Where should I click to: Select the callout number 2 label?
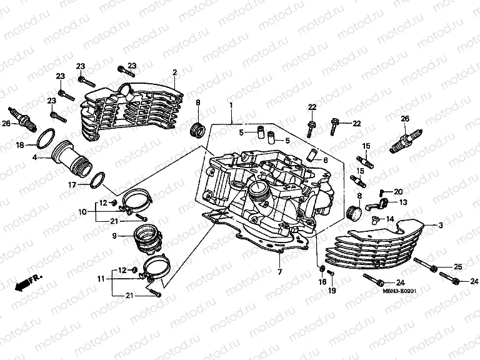click(175, 72)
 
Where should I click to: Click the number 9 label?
click(114, 236)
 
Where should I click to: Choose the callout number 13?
click(403, 202)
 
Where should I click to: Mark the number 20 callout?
click(398, 191)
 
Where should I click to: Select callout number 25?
click(457, 267)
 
